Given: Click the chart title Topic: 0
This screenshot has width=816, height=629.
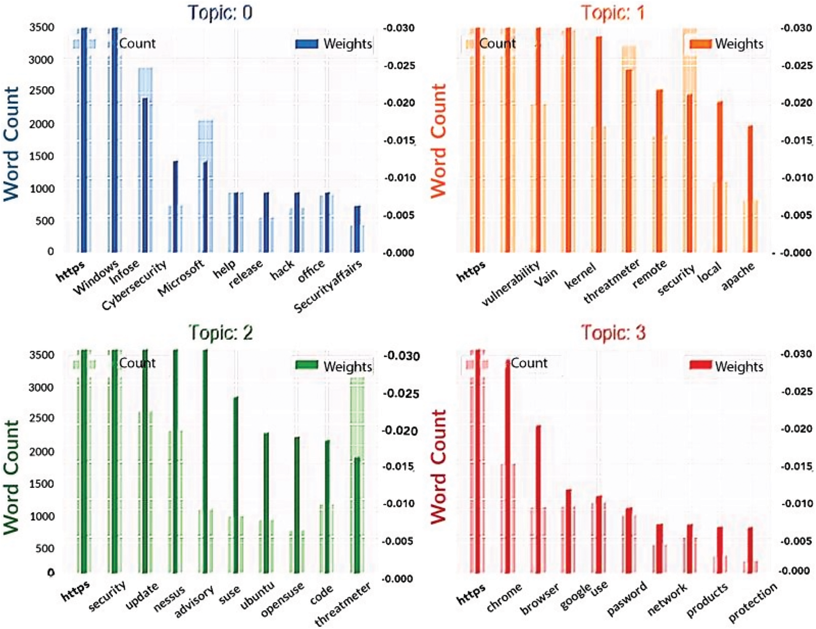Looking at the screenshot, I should tap(220, 13).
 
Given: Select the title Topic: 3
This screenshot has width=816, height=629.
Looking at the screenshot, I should tap(613, 332).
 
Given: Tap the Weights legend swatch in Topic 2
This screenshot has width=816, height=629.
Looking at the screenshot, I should tap(307, 365).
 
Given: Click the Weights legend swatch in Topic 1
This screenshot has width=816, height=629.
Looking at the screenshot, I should tap(700, 43).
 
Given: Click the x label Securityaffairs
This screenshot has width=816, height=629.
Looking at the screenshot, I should tap(328, 287).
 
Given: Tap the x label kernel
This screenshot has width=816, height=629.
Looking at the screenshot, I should tap(580, 276).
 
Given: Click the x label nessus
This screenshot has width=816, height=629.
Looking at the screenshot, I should tap(169, 598).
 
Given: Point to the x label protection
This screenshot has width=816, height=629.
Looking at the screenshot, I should tap(753, 602).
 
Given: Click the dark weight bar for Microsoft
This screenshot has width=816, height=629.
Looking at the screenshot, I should tap(205, 206).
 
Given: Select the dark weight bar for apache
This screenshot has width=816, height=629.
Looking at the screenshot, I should tap(750, 189).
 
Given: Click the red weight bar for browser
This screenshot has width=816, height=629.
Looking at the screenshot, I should tap(538, 499).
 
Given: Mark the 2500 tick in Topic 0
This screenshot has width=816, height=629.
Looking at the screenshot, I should tap(41, 91).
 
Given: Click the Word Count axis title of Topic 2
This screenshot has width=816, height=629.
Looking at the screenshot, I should tap(11, 477).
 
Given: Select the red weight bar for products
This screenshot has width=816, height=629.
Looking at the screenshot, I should tap(720, 550).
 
